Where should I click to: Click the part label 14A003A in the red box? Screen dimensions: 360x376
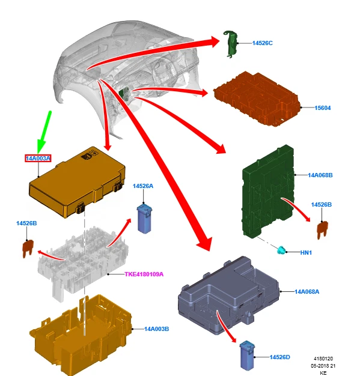(x=38, y=158)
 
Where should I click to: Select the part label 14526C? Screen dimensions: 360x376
(x=262, y=43)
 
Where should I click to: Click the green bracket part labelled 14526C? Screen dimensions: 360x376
(x=230, y=44)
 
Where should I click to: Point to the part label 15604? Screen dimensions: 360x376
(x=323, y=108)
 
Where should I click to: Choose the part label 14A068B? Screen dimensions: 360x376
(x=320, y=175)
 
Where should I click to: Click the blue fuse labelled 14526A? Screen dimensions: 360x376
(x=144, y=219)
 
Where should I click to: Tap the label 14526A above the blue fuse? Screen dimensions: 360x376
(x=143, y=186)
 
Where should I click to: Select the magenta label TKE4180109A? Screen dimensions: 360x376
(x=144, y=274)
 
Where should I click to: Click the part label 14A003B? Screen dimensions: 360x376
(x=156, y=329)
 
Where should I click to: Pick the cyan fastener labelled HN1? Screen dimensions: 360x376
(x=281, y=250)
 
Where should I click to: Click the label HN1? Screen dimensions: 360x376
(x=306, y=252)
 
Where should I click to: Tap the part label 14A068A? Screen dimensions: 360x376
(x=307, y=292)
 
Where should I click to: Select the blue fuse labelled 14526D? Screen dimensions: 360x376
(x=247, y=355)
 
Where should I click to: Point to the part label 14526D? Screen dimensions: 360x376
(x=279, y=357)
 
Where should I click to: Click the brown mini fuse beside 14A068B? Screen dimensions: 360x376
(x=322, y=229)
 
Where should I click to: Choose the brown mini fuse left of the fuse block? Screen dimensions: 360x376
(x=28, y=249)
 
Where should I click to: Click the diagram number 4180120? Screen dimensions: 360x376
(x=323, y=359)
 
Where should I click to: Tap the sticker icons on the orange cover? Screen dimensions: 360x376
(x=89, y=155)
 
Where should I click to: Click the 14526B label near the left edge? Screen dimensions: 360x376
(x=26, y=223)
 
